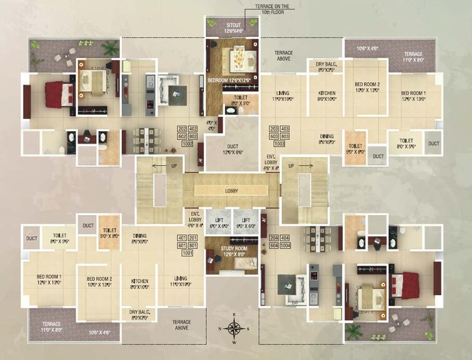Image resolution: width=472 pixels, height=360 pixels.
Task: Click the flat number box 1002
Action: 188,144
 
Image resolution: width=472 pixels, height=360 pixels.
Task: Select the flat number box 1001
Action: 187,253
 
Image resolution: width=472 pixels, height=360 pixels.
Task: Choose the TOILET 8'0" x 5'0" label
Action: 239,101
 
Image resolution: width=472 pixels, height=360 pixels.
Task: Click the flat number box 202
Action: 182,129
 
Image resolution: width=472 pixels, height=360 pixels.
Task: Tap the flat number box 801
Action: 193,246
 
